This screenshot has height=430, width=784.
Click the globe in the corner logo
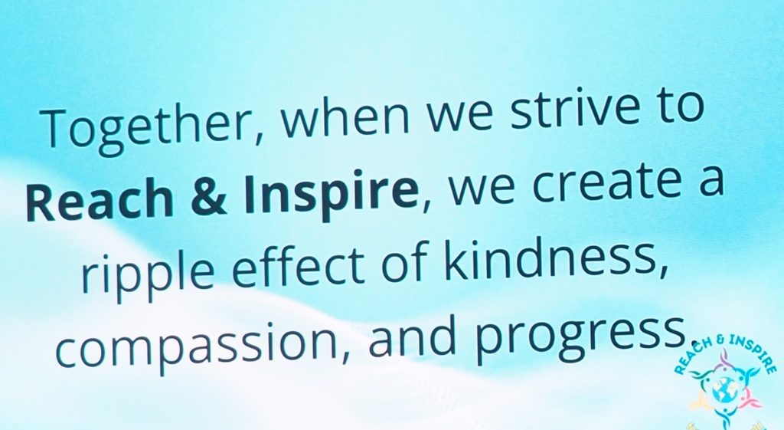pos(722,389)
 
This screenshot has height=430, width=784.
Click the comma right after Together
pos(256,134)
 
